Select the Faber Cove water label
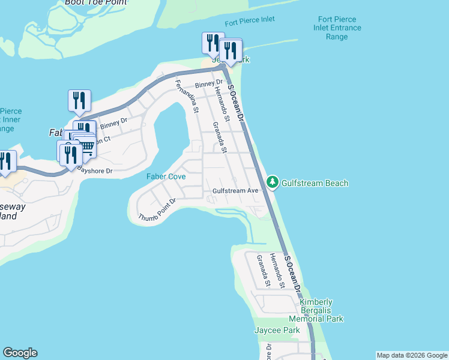pyautogui.click(x=166, y=176)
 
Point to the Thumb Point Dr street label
pyautogui.click(x=157, y=209)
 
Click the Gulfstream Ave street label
pyautogui.click(x=235, y=191)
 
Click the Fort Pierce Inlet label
pyautogui.click(x=250, y=20)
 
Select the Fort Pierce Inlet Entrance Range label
pyautogui.click(x=336, y=28)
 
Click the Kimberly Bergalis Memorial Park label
pyautogui.click(x=316, y=311)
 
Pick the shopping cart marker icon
pyautogui.click(x=87, y=145)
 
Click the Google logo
pyautogui.click(x=20, y=353)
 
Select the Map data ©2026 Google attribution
pyautogui.click(x=412, y=355)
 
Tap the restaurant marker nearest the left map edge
pyautogui.click(x=6, y=161)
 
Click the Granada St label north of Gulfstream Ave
pyautogui.click(x=218, y=137)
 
